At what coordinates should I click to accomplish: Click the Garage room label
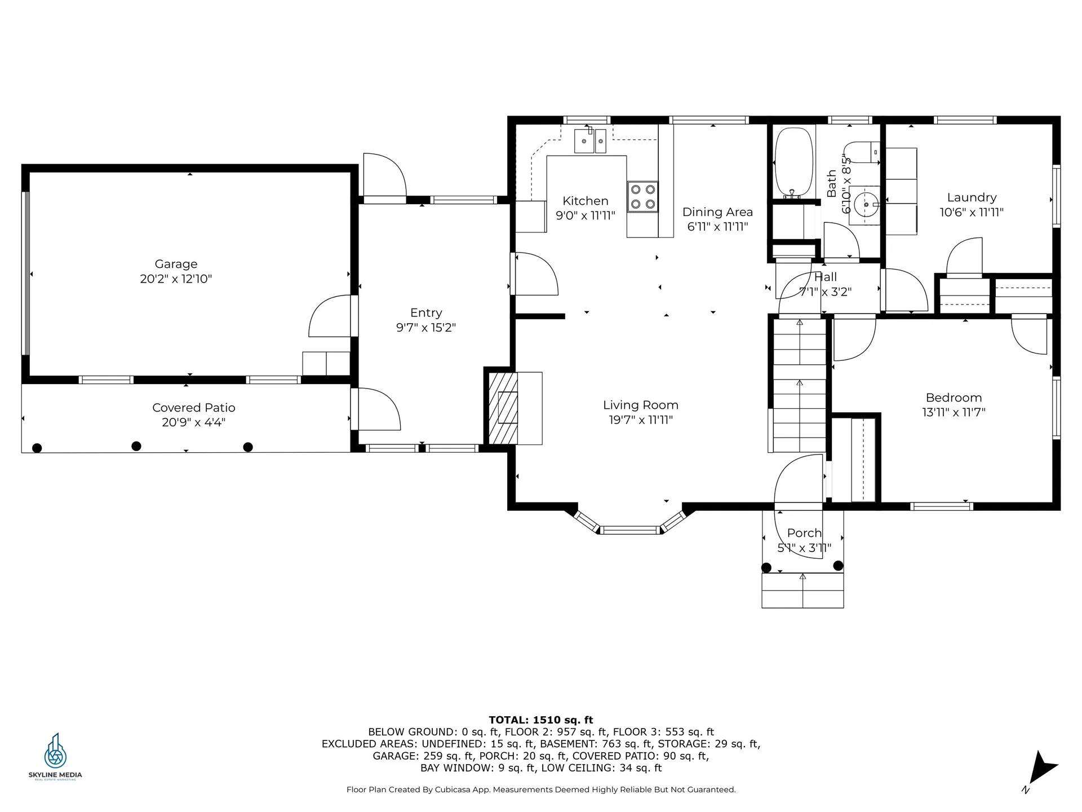176,264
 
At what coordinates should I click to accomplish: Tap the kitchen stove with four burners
642,197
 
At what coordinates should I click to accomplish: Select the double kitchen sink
590,141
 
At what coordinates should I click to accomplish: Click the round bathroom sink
866,205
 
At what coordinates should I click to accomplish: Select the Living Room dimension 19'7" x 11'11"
641,420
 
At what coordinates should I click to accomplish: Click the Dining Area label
717,212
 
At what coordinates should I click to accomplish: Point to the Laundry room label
972,197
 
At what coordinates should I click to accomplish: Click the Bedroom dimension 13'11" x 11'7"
954,412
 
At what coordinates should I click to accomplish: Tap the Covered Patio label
194,408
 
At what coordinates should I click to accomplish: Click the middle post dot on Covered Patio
136,446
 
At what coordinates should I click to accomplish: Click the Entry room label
426,313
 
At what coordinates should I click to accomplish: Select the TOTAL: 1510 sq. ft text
540,720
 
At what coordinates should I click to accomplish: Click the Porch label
804,533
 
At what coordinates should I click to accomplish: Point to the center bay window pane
629,530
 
